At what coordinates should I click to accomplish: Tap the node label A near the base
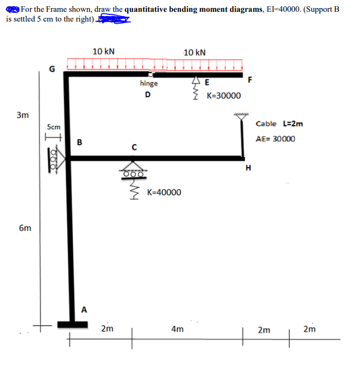(84, 309)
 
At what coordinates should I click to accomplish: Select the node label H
(249, 168)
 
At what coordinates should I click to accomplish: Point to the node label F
(250, 80)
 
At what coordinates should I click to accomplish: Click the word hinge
(149, 83)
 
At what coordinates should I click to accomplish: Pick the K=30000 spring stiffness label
(223, 96)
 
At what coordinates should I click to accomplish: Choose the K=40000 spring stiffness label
(164, 192)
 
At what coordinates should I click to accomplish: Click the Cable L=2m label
(279, 123)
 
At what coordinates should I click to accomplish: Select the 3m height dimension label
(22, 115)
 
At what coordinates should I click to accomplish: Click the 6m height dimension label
(24, 227)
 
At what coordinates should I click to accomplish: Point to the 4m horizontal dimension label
(177, 329)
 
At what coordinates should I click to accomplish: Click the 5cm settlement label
(53, 126)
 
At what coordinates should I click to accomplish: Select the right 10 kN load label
(195, 52)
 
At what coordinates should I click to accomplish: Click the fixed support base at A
(72, 324)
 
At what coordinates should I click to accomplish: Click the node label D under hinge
(148, 94)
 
